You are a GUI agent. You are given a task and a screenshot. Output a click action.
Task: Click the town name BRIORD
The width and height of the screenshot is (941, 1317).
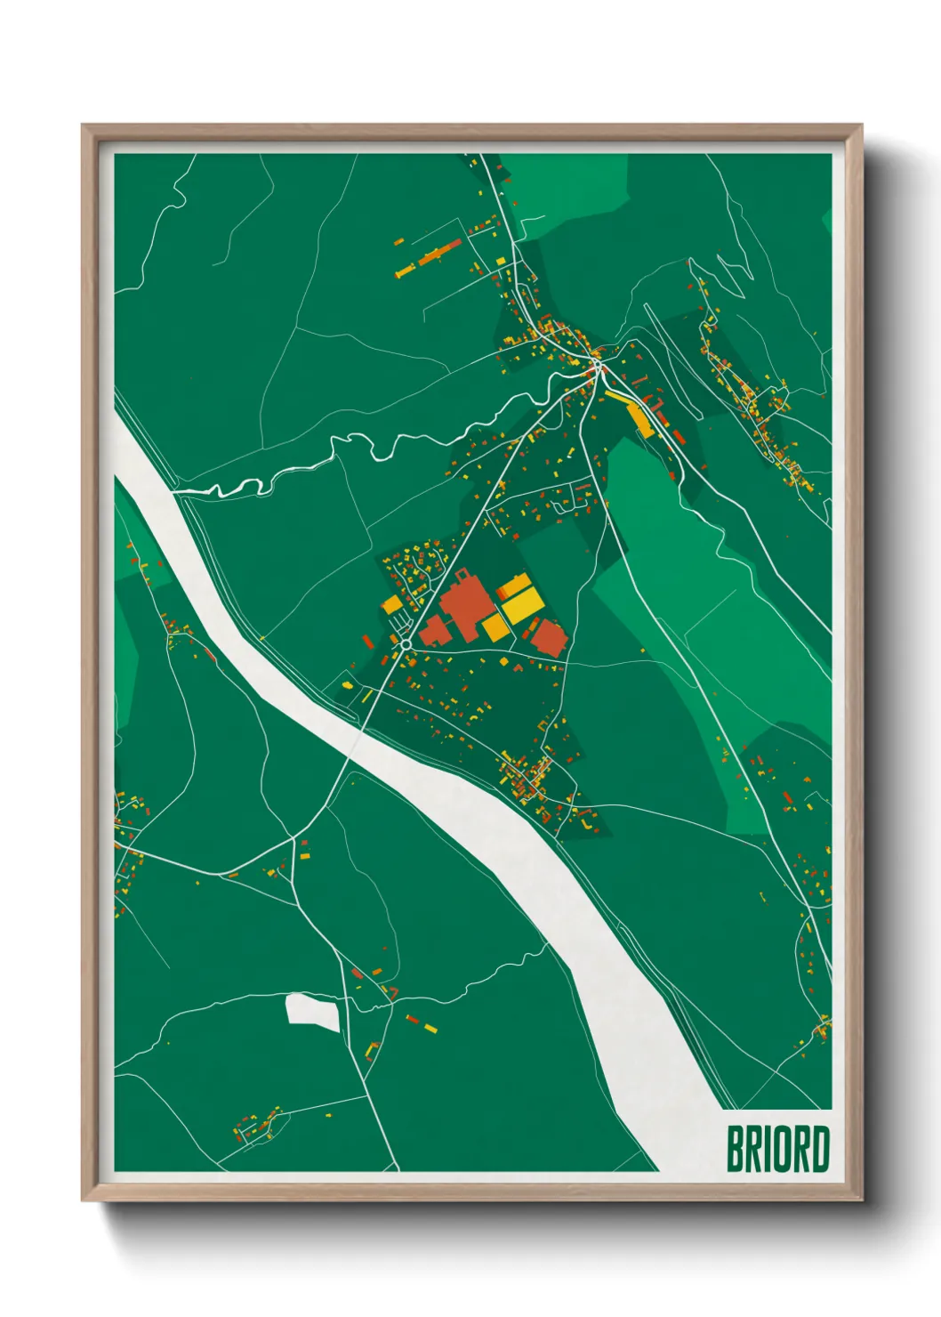click(777, 1149)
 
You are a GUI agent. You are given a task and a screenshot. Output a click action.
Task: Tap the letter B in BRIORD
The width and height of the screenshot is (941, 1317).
click(736, 1149)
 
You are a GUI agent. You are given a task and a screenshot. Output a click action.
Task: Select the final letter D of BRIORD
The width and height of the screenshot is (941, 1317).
click(819, 1149)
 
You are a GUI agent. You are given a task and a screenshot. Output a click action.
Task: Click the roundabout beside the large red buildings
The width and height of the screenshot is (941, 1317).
click(406, 643)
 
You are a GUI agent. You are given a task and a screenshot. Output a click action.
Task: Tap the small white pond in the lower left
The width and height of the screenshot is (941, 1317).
click(312, 1012)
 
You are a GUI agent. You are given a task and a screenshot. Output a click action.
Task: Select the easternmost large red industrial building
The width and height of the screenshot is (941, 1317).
click(548, 639)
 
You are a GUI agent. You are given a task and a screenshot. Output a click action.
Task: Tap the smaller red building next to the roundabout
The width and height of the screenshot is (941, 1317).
click(433, 632)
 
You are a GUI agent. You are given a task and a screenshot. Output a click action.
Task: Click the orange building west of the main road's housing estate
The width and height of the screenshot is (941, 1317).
click(391, 604)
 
